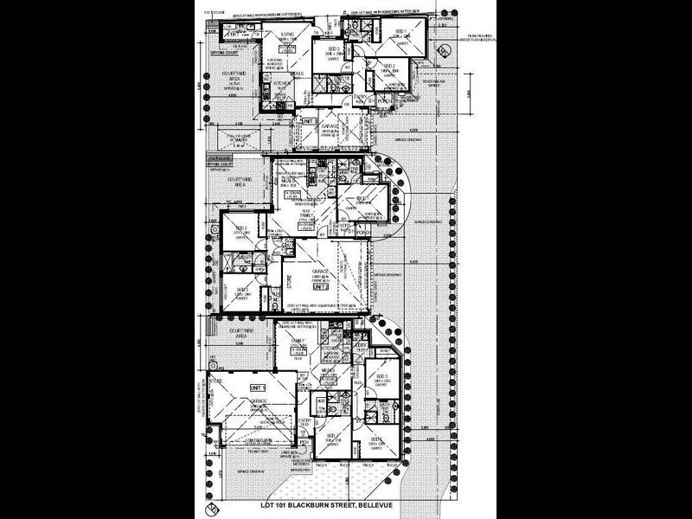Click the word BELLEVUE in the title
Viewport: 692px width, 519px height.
click(381, 504)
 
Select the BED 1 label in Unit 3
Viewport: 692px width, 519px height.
click(399, 30)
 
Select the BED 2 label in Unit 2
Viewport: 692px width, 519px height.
click(240, 228)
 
